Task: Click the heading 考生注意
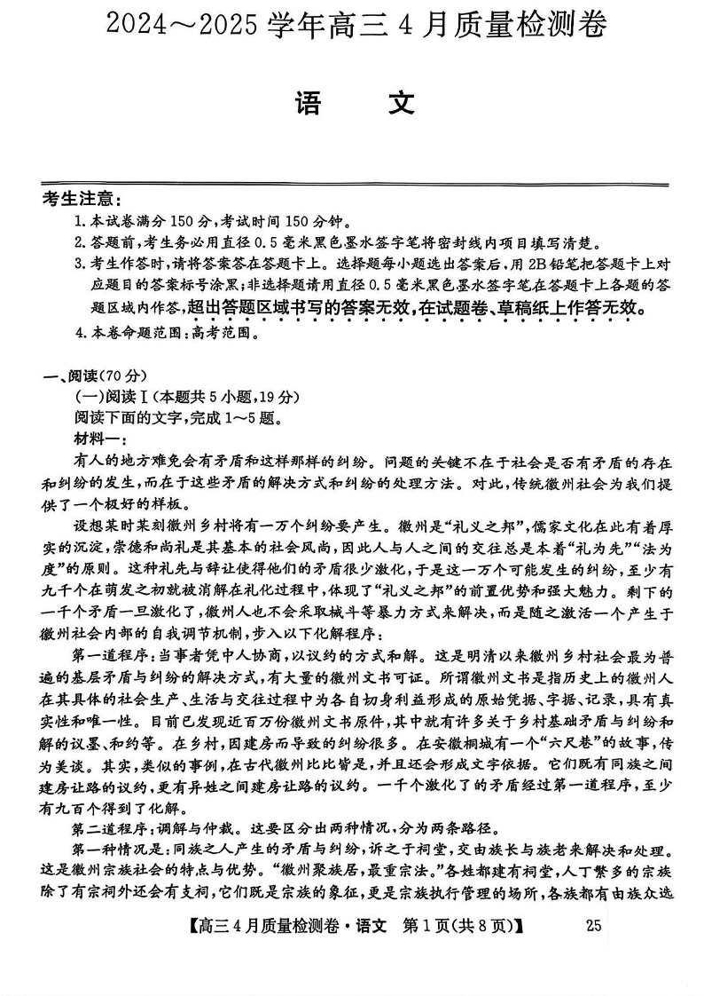pos(82,200)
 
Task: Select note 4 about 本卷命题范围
pos(168,334)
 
